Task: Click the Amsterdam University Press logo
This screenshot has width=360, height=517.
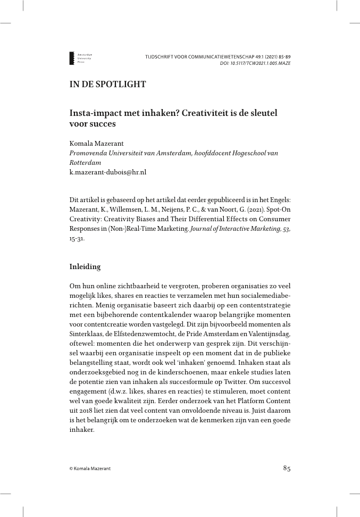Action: pos(80,59)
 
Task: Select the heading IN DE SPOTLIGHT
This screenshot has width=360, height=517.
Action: pos(107,84)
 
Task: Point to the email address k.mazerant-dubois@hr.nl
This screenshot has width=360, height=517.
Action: pos(108,172)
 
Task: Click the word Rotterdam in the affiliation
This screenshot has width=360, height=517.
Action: pos(85,163)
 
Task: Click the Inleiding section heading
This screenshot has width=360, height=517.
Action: pos(85,266)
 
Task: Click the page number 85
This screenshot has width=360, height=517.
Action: pos(287,468)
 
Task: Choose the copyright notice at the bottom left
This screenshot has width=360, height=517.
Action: pos(90,469)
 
